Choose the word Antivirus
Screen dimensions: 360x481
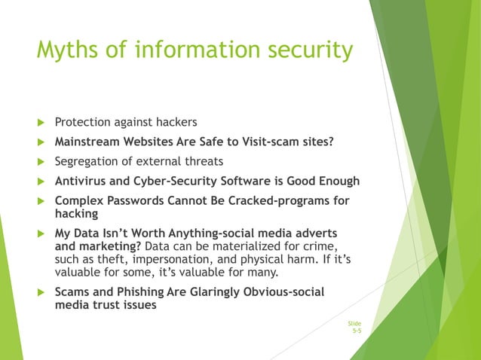(x=79, y=182)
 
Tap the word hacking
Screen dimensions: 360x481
(x=75, y=214)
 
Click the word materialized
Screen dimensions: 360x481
(x=219, y=246)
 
